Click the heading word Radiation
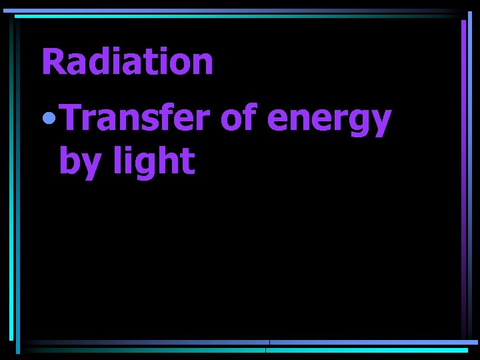pos(127,62)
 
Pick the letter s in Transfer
pos(152,121)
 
